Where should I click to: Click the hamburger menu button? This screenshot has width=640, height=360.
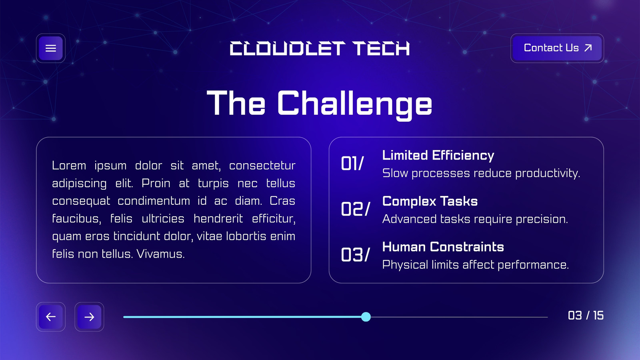click(x=50, y=48)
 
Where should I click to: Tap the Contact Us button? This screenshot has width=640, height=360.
click(x=557, y=48)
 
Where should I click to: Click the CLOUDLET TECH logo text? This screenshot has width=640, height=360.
click(x=320, y=48)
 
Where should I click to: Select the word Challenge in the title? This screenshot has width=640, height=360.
click(x=354, y=104)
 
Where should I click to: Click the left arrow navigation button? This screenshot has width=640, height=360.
click(x=50, y=317)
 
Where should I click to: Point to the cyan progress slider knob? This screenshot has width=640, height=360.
click(x=366, y=317)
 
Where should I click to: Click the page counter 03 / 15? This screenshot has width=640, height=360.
click(x=586, y=316)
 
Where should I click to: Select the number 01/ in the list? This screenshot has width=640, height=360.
click(x=352, y=164)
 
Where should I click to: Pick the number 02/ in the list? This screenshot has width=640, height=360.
click(x=356, y=209)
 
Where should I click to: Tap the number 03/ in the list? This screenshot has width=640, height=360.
click(x=356, y=254)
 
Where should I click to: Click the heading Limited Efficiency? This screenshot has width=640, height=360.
click(x=438, y=156)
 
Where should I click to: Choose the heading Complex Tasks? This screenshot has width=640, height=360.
click(x=430, y=202)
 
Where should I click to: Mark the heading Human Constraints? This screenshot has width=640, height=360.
click(x=443, y=247)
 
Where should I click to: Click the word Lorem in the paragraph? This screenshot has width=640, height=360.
click(x=69, y=166)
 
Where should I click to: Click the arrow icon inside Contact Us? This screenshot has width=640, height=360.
click(x=588, y=48)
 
